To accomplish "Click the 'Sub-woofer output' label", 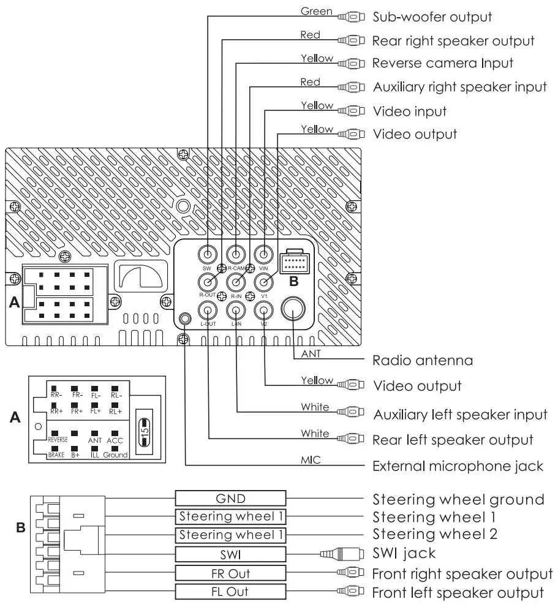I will [x=432, y=17].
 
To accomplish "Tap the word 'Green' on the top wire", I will [x=317, y=11].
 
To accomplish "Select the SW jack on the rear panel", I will [x=208, y=254].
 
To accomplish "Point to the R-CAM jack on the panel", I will [x=236, y=254].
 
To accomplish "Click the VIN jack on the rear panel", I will [x=263, y=254].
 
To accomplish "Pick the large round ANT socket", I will [x=293, y=310].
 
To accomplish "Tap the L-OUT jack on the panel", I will [x=208, y=310].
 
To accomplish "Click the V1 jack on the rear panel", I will [x=263, y=282].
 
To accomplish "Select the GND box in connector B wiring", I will [x=230, y=498].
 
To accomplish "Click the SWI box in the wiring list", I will [x=230, y=554].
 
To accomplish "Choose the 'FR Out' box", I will [x=230, y=573].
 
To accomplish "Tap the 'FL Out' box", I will [x=230, y=592].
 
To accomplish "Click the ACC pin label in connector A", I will [x=115, y=440].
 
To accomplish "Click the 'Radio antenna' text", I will [x=423, y=360].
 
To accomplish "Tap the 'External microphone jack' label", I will [x=458, y=467].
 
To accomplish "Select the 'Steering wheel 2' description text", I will [x=435, y=534].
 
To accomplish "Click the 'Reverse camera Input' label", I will [x=442, y=63].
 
